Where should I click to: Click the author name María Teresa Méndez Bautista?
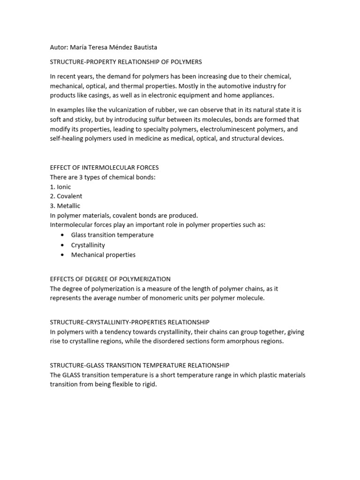click(x=117, y=47)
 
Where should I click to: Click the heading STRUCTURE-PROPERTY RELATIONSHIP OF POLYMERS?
click(x=126, y=62)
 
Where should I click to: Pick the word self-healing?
click(x=66, y=139)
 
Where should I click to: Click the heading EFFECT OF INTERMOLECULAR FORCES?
click(x=104, y=167)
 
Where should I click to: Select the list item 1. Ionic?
click(x=60, y=187)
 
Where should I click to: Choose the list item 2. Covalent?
click(x=66, y=196)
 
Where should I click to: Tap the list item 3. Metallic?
click(x=65, y=206)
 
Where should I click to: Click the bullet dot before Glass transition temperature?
click(x=62, y=235)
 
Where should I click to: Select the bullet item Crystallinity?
click(x=88, y=245)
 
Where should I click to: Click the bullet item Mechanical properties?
click(x=103, y=255)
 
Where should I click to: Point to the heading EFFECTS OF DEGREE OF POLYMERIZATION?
click(x=110, y=279)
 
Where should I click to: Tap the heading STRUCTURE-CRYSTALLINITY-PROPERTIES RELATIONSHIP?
click(x=129, y=322)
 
